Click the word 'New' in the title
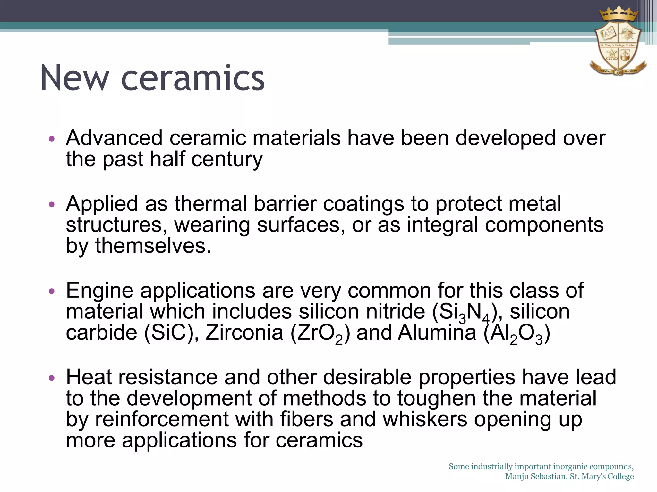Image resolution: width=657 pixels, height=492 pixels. tap(75, 78)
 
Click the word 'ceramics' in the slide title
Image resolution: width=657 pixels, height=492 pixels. tap(193, 78)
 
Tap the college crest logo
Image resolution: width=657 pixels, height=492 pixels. tap(618, 45)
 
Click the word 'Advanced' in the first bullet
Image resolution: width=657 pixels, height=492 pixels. tap(114, 138)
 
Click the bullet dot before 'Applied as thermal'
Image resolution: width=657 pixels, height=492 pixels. tap(52, 204)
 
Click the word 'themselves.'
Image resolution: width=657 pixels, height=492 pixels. tap(153, 246)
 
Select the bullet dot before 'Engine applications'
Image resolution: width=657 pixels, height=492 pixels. tap(52, 291)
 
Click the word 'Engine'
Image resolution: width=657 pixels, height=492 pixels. tap(99, 291)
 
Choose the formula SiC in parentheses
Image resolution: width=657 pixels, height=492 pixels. tap(169, 333)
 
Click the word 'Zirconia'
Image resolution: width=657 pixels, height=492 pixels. tap(244, 333)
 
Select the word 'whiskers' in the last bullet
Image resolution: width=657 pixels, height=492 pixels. tap(425, 419)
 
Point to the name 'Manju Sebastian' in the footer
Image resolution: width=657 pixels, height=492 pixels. tap(536, 477)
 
